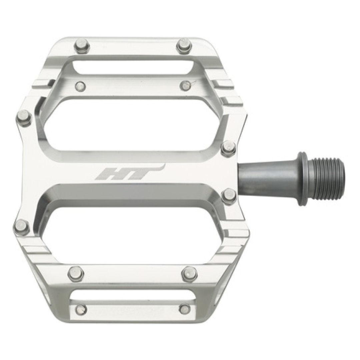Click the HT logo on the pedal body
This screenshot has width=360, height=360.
[x=130, y=172]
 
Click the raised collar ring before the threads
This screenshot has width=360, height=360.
[x=303, y=179]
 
